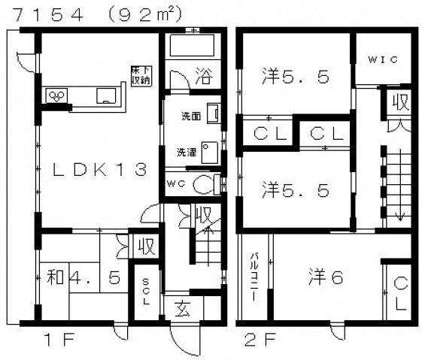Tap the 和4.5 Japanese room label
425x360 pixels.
point(78,278)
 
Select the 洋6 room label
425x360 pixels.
point(325,277)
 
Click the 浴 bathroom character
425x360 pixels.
point(203,75)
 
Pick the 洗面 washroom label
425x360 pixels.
point(190,116)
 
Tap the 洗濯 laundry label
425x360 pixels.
point(187,152)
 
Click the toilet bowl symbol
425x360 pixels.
point(201,183)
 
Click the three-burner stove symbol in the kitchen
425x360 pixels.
point(57,95)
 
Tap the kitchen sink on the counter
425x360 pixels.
point(106,95)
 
